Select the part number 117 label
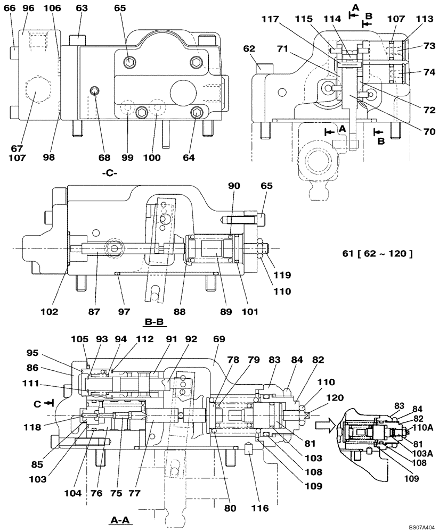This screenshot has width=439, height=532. click(x=270, y=20)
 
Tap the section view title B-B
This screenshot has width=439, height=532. click(x=155, y=322)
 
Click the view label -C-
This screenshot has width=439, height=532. click(x=110, y=173)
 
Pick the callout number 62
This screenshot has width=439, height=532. click(x=249, y=49)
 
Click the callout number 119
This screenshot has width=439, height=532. click(x=282, y=275)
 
